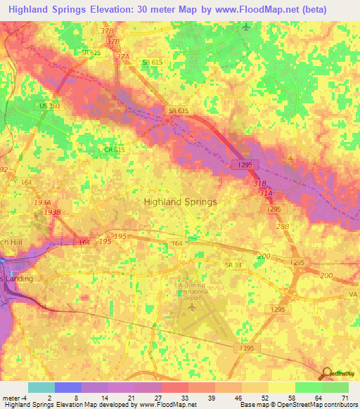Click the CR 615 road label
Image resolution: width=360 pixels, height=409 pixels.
tap(115, 150)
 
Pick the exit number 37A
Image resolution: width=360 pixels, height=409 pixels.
tap(123, 57)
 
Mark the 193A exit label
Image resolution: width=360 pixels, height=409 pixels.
tap(43, 202)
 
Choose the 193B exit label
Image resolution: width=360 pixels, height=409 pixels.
tap(53, 212)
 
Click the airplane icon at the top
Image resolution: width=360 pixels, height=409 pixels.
tap(245, 27)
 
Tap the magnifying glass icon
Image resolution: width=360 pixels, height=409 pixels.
tap(326, 373)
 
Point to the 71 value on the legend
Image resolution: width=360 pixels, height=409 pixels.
tap(344, 398)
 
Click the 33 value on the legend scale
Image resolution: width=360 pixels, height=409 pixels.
tap(184, 398)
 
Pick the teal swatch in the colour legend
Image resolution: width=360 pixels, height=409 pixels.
tap(41, 387)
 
